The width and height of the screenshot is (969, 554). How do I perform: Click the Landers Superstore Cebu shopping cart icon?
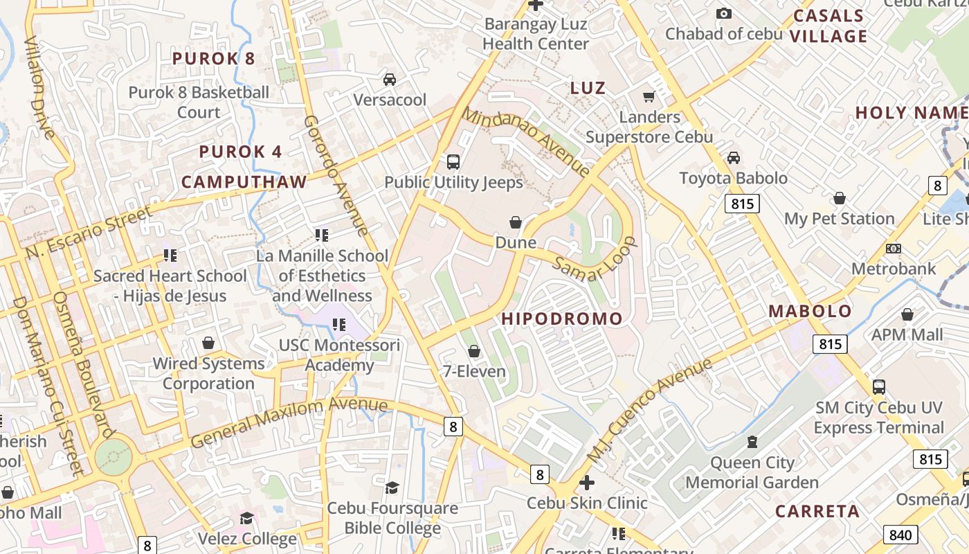click(x=649, y=97)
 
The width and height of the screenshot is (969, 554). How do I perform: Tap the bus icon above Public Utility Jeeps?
click(x=453, y=162)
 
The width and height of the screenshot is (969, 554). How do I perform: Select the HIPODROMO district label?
click(x=561, y=319)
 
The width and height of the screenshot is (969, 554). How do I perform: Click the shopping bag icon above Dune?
click(x=516, y=222)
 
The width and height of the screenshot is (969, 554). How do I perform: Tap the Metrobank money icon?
click(x=894, y=248)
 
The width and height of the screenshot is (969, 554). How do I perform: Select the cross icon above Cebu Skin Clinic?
click(x=587, y=482)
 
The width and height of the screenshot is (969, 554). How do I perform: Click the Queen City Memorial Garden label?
click(x=752, y=472)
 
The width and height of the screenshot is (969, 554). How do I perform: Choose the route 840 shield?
click(x=900, y=535)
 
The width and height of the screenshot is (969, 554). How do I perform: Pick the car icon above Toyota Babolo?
click(x=734, y=158)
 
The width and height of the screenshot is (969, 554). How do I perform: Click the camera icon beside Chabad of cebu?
click(x=724, y=14)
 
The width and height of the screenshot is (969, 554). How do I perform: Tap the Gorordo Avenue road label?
click(x=336, y=175)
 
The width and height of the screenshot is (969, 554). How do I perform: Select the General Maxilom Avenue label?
click(x=289, y=420)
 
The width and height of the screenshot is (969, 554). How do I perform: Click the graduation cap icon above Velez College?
click(x=247, y=518)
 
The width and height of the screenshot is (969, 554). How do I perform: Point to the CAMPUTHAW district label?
click(x=244, y=182)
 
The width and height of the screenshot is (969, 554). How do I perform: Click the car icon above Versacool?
click(x=390, y=80)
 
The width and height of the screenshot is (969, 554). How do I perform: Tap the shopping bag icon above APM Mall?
click(x=907, y=314)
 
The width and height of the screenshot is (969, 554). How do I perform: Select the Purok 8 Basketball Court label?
click(x=199, y=102)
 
